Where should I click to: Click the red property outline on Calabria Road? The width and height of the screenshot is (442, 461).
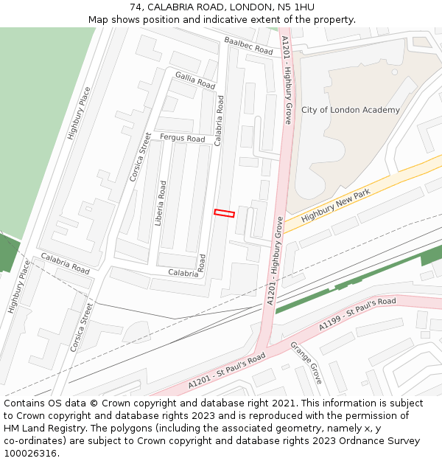pyautogui.click(x=224, y=213)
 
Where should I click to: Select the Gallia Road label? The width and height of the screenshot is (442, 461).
pyautogui.click(x=194, y=80)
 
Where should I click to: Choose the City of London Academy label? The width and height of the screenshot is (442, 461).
pyautogui.click(x=351, y=110)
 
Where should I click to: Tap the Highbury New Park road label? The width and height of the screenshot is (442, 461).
pyautogui.click(x=335, y=204)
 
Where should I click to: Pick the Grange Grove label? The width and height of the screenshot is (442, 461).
pyautogui.click(x=306, y=362)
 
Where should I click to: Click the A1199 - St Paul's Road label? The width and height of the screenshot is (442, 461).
pyautogui.click(x=357, y=313)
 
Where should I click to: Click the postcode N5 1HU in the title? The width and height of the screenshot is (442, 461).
pyautogui.click(x=295, y=7)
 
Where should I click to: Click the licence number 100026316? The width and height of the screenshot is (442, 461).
pyautogui.click(x=30, y=454)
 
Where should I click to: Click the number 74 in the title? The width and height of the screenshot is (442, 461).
pyautogui.click(x=135, y=7)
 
